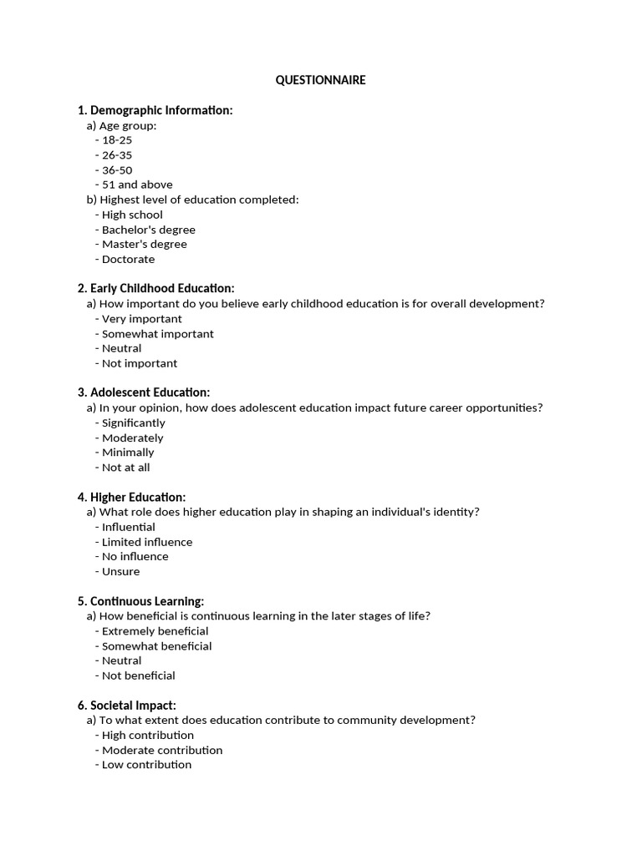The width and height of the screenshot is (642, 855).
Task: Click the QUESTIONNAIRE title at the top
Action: click(x=321, y=80)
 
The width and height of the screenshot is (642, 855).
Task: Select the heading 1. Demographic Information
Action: click(x=155, y=110)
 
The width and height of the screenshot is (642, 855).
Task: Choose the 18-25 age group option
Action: click(x=116, y=140)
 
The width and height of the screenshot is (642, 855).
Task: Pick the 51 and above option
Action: click(x=137, y=185)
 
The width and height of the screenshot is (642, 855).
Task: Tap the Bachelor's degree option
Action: click(x=148, y=230)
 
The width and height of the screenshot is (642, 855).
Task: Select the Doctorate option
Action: click(x=128, y=259)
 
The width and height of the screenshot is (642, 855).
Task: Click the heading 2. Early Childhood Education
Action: click(x=155, y=288)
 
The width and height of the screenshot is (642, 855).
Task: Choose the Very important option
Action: click(x=141, y=319)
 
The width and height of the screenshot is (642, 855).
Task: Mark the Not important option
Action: click(x=140, y=363)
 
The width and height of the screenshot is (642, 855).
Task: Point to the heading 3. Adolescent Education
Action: click(x=143, y=392)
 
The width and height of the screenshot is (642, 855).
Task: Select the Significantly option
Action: click(x=133, y=422)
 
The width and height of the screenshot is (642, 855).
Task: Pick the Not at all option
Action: click(x=125, y=468)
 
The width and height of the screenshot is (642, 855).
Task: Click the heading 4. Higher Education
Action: click(x=131, y=497)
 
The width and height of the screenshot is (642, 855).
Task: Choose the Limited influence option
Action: click(x=146, y=542)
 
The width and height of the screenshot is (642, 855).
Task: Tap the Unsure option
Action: click(x=120, y=571)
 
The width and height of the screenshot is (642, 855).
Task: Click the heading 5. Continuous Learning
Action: click(x=140, y=601)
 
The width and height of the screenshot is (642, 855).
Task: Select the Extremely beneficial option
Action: click(x=155, y=631)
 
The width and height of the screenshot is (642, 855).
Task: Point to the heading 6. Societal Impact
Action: click(x=126, y=706)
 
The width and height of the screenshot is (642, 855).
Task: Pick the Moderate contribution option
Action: click(x=162, y=750)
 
